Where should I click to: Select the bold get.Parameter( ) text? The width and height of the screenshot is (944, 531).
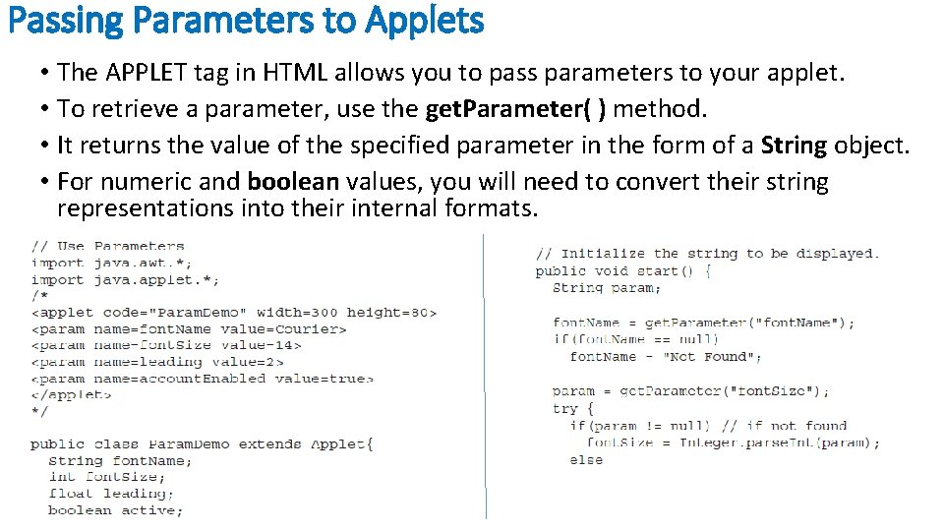tap(514, 108)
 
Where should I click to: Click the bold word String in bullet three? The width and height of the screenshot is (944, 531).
tap(794, 146)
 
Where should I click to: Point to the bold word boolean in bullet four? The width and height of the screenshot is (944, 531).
tap(293, 182)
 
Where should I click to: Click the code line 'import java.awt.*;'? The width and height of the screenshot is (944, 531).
tap(111, 263)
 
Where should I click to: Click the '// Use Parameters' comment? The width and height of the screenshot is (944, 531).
tap(107, 246)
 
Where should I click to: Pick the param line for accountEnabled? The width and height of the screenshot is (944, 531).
tap(202, 378)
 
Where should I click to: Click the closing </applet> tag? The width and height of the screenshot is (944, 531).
tap(71, 394)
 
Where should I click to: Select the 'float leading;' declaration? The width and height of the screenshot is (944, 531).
tap(110, 494)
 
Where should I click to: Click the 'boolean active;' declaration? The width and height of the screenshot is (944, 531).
tap(115, 510)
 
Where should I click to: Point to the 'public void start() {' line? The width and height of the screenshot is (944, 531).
tap(623, 270)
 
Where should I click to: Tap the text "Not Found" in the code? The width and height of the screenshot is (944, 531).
tap(708, 356)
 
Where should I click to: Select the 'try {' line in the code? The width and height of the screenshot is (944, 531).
tap(573, 408)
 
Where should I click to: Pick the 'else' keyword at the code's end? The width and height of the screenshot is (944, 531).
tap(586, 459)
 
